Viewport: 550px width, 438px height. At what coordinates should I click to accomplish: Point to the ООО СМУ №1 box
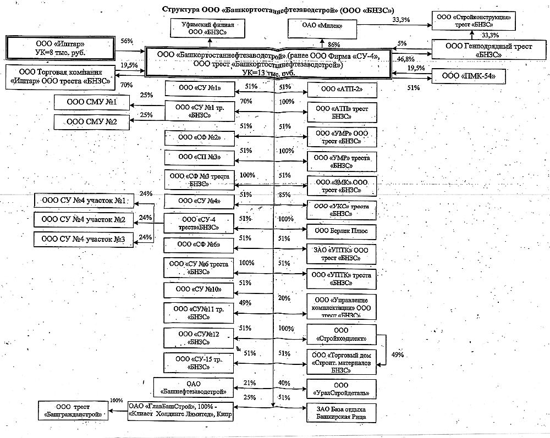tap(92, 102)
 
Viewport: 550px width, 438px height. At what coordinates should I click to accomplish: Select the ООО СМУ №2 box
tap(92, 121)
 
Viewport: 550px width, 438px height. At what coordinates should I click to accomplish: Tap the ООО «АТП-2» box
tap(342, 88)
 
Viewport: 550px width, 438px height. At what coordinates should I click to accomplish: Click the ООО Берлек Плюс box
tap(342, 231)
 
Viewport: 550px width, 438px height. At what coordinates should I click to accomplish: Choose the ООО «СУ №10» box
tap(200, 289)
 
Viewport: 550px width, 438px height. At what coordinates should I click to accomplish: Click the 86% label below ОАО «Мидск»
tap(333, 44)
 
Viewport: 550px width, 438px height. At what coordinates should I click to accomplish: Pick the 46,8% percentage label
tap(405, 59)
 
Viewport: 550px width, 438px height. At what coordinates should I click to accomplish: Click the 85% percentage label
tap(285, 195)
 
